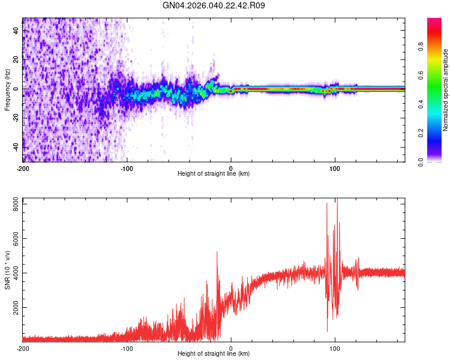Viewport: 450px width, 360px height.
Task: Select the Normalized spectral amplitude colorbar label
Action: click(x=446, y=89)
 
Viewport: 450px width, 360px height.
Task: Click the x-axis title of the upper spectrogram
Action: click(x=214, y=173)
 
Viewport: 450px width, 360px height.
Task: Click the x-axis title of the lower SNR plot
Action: click(x=214, y=353)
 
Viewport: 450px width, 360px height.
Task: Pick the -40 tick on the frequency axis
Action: click(x=16, y=148)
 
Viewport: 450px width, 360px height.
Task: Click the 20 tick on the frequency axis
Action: click(x=17, y=60)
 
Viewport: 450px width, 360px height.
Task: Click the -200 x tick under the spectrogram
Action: click(x=23, y=167)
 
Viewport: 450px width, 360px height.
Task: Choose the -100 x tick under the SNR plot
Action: click(x=127, y=348)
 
